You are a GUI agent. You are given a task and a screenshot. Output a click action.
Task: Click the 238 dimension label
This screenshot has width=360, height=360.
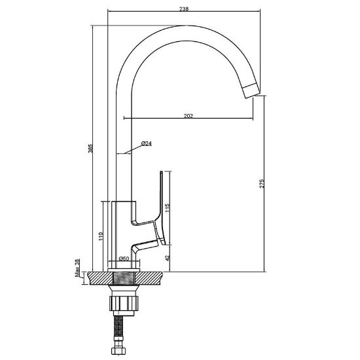[x=184, y=9]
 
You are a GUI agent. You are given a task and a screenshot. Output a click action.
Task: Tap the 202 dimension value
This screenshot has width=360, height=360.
[x=189, y=116]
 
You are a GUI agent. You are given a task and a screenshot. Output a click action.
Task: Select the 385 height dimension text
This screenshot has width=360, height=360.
[x=90, y=149]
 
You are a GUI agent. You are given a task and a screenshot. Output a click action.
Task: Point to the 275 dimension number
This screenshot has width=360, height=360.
[x=262, y=184]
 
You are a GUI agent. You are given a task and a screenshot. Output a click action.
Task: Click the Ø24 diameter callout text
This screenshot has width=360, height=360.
[x=147, y=143]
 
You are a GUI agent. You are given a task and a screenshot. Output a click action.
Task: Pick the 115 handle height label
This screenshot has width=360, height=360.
[x=168, y=207]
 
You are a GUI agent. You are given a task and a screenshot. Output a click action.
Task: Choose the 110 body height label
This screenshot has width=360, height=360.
[x=101, y=236]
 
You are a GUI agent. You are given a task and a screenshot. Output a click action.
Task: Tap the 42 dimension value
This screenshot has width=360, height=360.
[x=168, y=258]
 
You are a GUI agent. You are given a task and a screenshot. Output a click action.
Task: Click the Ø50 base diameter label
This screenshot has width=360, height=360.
[x=124, y=259]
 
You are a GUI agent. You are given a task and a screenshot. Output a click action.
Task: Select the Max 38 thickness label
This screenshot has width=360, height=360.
[x=78, y=268]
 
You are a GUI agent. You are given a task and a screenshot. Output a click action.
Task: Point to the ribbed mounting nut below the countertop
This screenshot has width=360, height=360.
[x=124, y=303]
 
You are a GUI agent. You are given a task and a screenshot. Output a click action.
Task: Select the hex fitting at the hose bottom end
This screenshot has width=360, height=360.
[x=118, y=351]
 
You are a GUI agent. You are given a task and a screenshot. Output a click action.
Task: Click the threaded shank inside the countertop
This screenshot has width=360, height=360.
[x=124, y=278]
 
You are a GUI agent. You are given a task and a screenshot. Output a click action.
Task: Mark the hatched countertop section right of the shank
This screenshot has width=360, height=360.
[x=149, y=278]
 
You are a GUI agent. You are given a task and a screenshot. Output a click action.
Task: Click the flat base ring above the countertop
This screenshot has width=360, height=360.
[x=124, y=270]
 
